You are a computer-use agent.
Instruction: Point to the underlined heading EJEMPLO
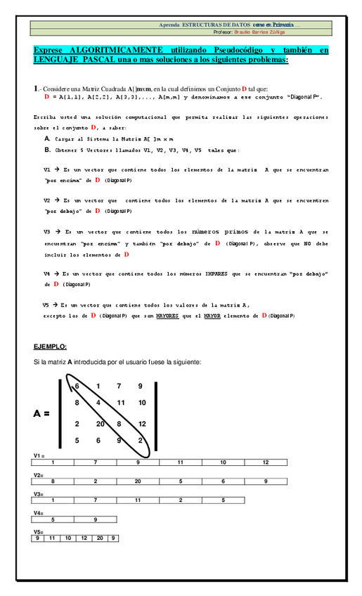(x=50, y=347)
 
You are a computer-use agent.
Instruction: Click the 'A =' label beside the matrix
(x=42, y=414)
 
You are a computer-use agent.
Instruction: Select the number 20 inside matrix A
(x=101, y=424)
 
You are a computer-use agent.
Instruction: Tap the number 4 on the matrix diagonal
(x=98, y=403)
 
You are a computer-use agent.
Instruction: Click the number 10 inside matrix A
(x=142, y=403)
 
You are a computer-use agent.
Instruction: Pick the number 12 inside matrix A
(x=142, y=424)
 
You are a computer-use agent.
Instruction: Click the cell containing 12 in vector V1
(x=266, y=462)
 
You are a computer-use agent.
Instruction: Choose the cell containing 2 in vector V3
(x=181, y=500)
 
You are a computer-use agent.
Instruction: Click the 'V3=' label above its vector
(x=39, y=494)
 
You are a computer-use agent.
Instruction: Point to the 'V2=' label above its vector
(x=39, y=475)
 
